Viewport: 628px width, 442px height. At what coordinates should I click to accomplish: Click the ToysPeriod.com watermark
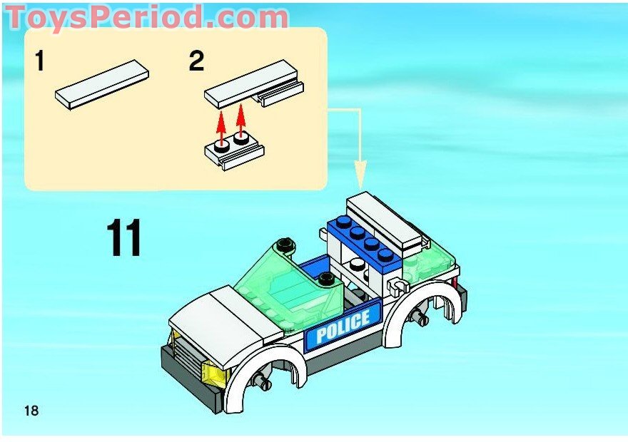pyautogui.click(x=146, y=17)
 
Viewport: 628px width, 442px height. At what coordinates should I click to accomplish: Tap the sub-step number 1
pyautogui.click(x=39, y=61)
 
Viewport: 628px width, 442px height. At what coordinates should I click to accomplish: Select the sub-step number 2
pyautogui.click(x=196, y=61)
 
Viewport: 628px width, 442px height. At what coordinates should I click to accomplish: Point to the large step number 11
pyautogui.click(x=123, y=237)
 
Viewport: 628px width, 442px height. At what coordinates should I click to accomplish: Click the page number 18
pyautogui.click(x=31, y=411)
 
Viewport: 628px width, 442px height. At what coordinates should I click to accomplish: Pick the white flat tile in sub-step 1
pyautogui.click(x=102, y=84)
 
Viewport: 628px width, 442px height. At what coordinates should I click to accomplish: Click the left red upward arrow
pyautogui.click(x=221, y=126)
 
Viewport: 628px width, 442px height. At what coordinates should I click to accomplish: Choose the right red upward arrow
pyautogui.click(x=240, y=120)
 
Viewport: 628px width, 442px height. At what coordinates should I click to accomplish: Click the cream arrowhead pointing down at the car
pyautogui.click(x=360, y=175)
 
